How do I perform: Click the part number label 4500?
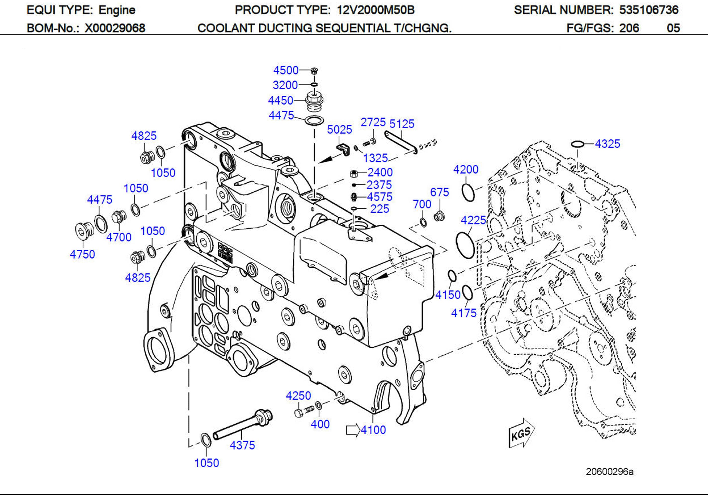(x=286, y=70)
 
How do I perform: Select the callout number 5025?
(x=339, y=130)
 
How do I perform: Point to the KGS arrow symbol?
(x=521, y=433)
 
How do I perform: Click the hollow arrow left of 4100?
(x=353, y=430)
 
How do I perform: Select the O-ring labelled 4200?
(x=468, y=193)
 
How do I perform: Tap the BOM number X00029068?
(x=115, y=28)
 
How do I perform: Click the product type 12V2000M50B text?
(x=376, y=10)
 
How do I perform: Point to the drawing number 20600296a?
(x=609, y=472)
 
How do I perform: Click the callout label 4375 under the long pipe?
(x=242, y=445)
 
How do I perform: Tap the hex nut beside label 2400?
(x=354, y=173)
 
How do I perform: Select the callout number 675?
(x=439, y=192)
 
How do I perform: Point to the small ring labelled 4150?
(x=452, y=276)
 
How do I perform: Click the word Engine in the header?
(x=117, y=10)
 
